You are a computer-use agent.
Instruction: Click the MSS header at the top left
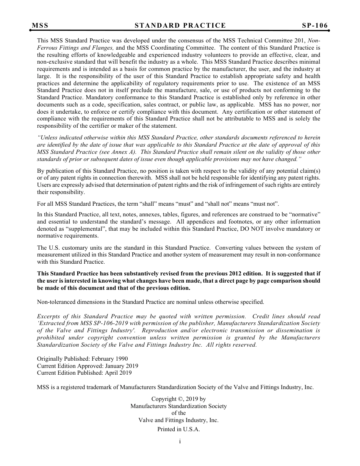[40, 26]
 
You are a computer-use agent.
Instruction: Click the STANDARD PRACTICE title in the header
[180, 26]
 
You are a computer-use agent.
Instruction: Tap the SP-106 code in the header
[315, 26]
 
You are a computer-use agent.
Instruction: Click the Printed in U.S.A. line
[178, 429]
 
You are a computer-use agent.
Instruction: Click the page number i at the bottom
[180, 441]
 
